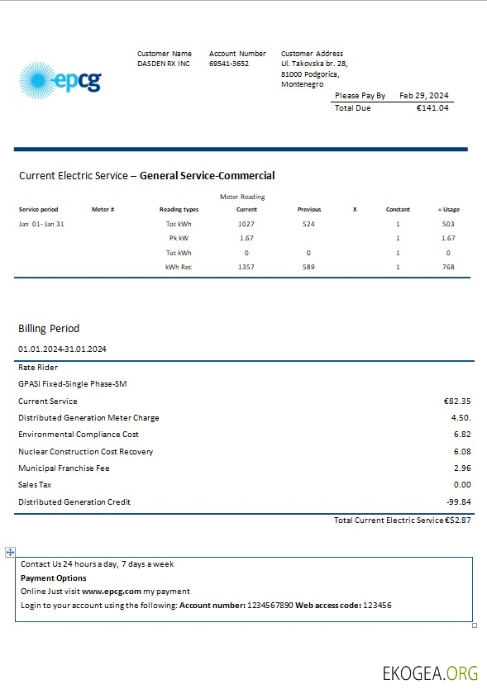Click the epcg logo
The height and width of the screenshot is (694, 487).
coord(60,81)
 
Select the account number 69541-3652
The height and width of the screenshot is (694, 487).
coord(229,64)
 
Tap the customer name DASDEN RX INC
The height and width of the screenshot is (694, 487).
coord(164,64)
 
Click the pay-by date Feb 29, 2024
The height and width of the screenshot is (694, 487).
coord(423,96)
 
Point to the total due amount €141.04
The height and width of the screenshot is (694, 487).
coord(432,108)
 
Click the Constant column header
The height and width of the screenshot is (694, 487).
coord(398,210)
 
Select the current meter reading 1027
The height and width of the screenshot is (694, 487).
coord(246,224)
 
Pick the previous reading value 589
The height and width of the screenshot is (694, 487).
coord(308,267)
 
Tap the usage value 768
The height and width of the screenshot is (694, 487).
coord(448,267)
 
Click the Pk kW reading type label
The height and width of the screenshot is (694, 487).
coord(179,238)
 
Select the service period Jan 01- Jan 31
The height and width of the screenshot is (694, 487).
coord(41,224)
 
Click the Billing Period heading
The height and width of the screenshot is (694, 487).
coord(49,328)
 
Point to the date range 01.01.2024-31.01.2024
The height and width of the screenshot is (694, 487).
coord(62,349)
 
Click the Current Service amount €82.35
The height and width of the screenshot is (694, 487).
coord(457,401)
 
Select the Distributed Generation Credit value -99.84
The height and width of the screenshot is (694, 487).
coord(458,501)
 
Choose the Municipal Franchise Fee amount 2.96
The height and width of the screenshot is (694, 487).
coord(462,468)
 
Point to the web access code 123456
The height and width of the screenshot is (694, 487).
coord(377,606)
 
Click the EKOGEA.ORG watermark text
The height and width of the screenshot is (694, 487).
coord(430,673)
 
